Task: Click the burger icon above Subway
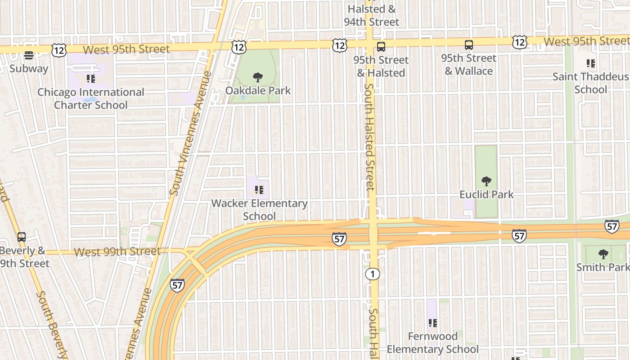[x=29, y=55]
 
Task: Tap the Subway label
[x=29, y=69]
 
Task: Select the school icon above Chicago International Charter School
[x=91, y=79]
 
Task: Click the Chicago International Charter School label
[x=91, y=99]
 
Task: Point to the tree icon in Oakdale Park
[x=258, y=77]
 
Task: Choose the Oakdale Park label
[x=258, y=90]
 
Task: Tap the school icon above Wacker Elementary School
[x=259, y=190]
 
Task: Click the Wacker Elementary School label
[x=259, y=210]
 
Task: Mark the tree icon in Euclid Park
[x=486, y=181]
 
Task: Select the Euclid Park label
[x=486, y=194]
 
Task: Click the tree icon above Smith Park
[x=603, y=254]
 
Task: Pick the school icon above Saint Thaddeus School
[x=591, y=63]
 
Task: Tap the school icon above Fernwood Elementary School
[x=433, y=323]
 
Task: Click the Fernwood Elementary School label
[x=433, y=342]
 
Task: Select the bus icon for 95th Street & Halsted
[x=381, y=46]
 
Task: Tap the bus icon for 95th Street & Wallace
[x=469, y=45]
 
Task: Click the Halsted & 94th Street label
[x=372, y=15]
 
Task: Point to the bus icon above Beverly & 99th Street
[x=21, y=237]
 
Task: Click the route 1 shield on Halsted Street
[x=373, y=274]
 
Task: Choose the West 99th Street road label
[x=117, y=252]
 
